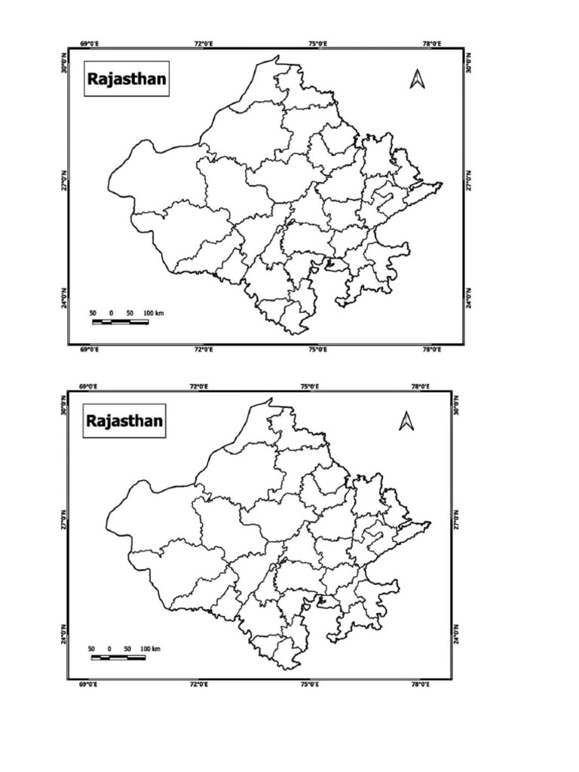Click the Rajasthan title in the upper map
(x=127, y=78)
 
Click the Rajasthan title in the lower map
(x=124, y=420)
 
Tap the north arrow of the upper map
(x=417, y=78)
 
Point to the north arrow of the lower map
(x=406, y=421)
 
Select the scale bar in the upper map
(x=120, y=322)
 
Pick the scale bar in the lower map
(x=118, y=657)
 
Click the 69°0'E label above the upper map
(x=89, y=44)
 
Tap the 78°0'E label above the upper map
(x=431, y=44)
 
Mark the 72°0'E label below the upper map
(x=203, y=350)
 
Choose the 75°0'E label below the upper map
(x=317, y=350)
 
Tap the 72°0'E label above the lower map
(x=199, y=387)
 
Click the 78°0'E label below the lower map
(x=420, y=685)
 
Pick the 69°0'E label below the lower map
(x=88, y=685)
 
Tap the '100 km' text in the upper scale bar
(x=153, y=312)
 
